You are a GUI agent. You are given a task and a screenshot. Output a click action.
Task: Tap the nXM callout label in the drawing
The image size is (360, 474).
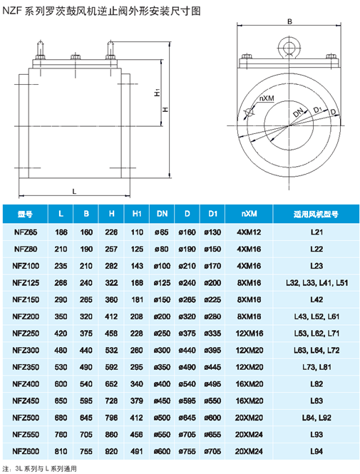coord(267,98)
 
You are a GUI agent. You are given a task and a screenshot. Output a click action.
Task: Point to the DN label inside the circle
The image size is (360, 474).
coord(299,112)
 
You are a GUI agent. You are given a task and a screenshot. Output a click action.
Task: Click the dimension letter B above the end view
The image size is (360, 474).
coord(289,22)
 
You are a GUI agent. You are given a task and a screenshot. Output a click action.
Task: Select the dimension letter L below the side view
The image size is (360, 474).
coord(74,191)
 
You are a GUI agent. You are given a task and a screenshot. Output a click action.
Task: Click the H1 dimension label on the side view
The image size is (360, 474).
coord(157,93)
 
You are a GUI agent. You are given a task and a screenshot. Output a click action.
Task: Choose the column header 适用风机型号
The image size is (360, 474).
coord(316,214)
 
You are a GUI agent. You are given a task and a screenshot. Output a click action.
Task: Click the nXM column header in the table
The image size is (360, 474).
coord(249,214)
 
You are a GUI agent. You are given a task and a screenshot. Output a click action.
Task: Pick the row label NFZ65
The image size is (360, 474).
coord(26,232)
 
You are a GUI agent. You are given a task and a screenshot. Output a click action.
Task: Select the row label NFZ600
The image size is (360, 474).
coord(26,451)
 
